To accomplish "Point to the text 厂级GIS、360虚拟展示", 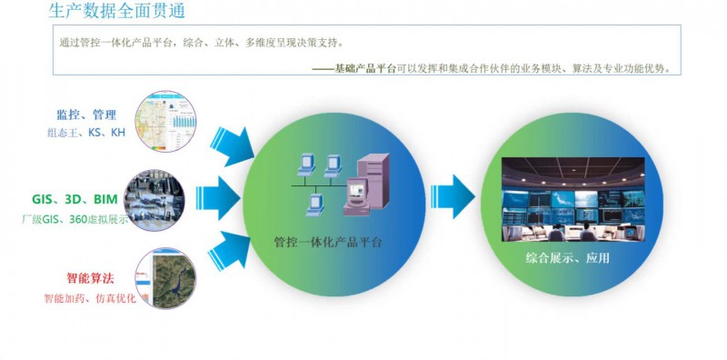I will pos(75,219).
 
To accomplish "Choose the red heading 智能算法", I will pos(91,279).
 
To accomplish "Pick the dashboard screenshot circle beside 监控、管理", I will pos(163,123).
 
